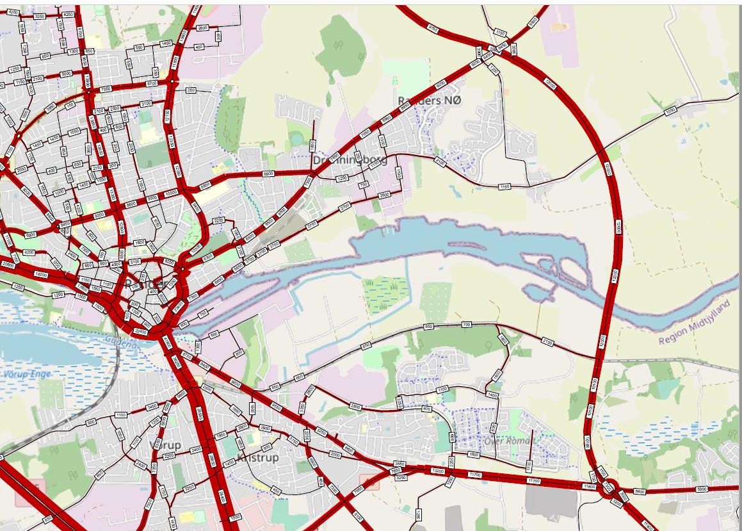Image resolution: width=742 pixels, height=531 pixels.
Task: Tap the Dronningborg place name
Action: (350, 159)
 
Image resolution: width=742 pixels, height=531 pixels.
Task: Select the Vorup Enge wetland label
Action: (27, 373)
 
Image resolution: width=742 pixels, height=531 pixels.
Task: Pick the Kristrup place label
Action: (257, 457)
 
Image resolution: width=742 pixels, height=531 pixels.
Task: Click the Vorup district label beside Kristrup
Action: (165, 444)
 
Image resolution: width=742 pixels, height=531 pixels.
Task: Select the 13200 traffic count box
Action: (439, 471)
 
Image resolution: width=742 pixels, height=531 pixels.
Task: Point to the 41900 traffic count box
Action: (167, 341)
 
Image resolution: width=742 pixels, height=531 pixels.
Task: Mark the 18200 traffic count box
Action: (40, 274)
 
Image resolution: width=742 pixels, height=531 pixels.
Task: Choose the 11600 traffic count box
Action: (590, 487)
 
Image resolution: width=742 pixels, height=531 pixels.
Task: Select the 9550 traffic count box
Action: (277, 406)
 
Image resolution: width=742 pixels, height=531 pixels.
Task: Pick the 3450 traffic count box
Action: (152, 407)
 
